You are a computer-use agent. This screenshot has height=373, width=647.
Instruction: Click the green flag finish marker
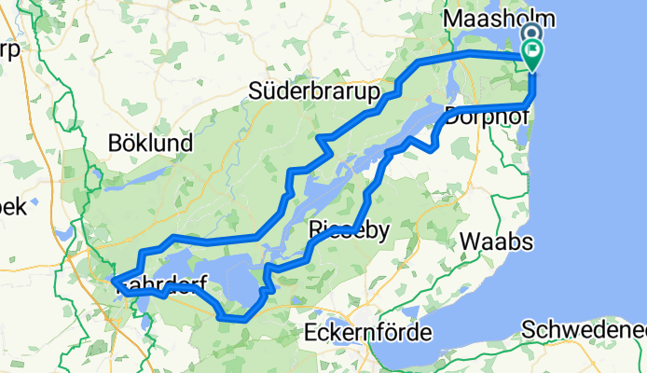pos(532,55)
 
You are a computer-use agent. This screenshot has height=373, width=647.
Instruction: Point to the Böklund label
pos(150,144)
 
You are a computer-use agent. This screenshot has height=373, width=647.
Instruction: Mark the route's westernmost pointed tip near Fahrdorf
pos(112,279)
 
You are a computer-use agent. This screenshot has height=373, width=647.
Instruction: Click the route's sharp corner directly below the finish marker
pos(532,104)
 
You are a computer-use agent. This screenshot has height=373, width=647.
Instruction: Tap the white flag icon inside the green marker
pos(532,51)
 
